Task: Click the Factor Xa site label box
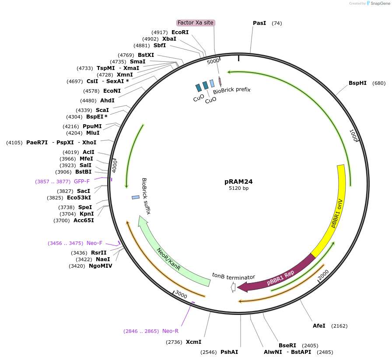pyautogui.click(x=196, y=23)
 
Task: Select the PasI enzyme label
pyautogui.click(x=259, y=23)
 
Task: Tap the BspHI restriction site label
pyautogui.click(x=357, y=83)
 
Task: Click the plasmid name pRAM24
pyautogui.click(x=238, y=182)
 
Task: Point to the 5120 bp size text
pyautogui.click(x=238, y=189)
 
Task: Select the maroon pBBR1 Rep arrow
pyautogui.click(x=280, y=276)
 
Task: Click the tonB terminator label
pyautogui.click(x=234, y=276)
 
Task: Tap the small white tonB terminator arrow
pyautogui.click(x=233, y=287)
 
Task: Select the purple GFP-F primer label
pyautogui.click(x=82, y=182)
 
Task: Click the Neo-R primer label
pyautogui.click(x=170, y=331)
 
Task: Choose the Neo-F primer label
pyautogui.click(x=94, y=243)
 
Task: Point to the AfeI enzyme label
pyautogui.click(x=319, y=326)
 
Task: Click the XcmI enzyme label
pyautogui.click(x=193, y=342)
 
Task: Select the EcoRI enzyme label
pyautogui.click(x=180, y=32)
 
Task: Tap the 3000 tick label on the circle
pyautogui.click(x=181, y=294)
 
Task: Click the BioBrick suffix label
pyautogui.click(x=146, y=196)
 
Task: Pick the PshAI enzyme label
pyautogui.click(x=229, y=352)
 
